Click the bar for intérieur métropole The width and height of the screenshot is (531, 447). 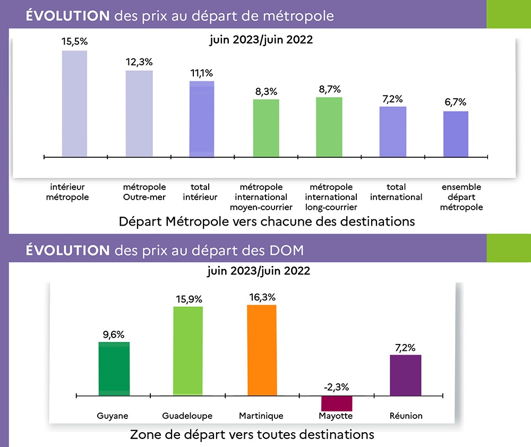[x=74, y=104]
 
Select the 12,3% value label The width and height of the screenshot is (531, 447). [x=139, y=62]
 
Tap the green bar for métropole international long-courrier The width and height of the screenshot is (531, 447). [x=329, y=127]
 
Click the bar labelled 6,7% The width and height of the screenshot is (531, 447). [x=456, y=134]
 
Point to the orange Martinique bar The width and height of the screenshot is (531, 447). [x=262, y=350]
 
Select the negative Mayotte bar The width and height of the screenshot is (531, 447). [x=336, y=403]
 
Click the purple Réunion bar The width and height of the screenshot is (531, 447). [x=406, y=375]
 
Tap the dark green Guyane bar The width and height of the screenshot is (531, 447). [x=114, y=369]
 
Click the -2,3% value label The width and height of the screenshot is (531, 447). [x=337, y=387]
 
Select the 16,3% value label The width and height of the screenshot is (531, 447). [x=262, y=296]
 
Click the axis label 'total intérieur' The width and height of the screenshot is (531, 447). [x=200, y=192]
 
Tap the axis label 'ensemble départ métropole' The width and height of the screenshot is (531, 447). [x=461, y=197]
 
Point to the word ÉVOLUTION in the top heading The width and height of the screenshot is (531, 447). [x=67, y=16]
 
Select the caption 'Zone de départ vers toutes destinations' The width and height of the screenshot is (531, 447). [x=252, y=435]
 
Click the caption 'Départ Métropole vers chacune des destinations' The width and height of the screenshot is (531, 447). [x=267, y=221]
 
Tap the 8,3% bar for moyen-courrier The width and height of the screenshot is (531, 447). [x=266, y=128]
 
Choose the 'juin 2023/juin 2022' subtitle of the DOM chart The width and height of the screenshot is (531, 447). [x=259, y=271]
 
